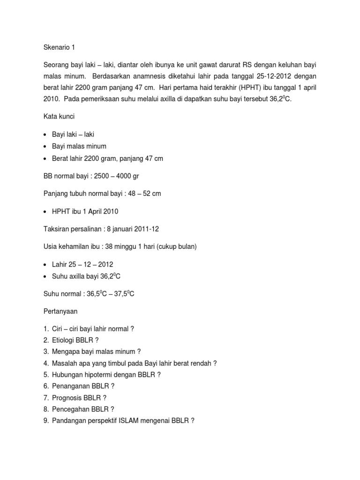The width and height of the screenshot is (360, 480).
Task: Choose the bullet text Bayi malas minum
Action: coord(79,146)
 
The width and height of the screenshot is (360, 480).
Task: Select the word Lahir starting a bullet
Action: coord(60,264)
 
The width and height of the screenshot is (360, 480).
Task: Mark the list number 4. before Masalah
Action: coord(46,363)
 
